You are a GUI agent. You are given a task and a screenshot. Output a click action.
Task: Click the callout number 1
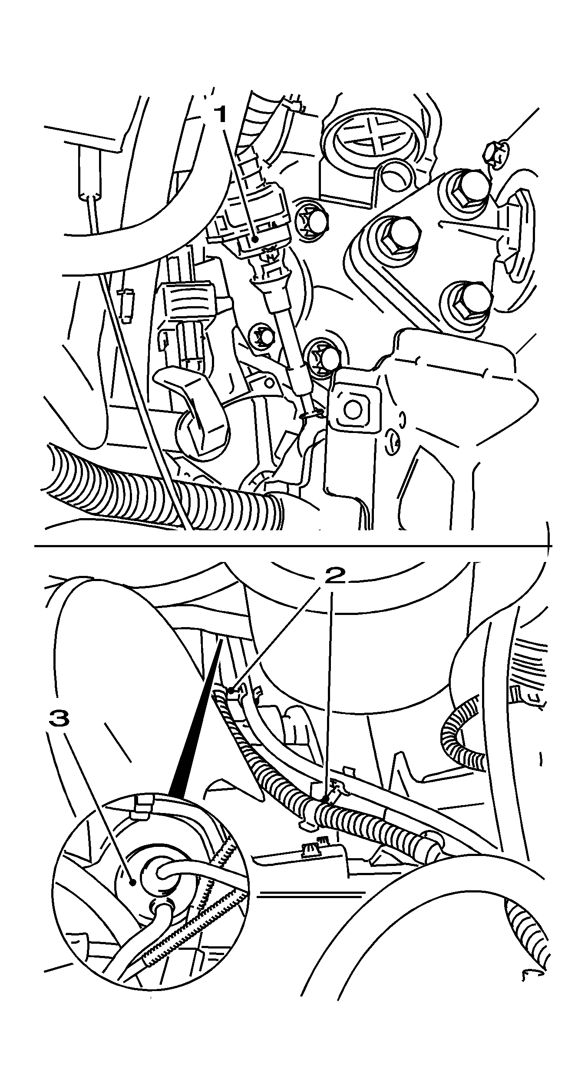(221, 115)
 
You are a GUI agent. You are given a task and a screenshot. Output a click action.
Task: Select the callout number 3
(59, 718)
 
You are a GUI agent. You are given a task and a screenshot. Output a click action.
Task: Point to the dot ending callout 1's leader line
(256, 238)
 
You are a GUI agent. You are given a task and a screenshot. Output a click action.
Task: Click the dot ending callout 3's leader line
(133, 882)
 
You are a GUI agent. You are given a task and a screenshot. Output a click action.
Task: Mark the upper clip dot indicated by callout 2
(231, 691)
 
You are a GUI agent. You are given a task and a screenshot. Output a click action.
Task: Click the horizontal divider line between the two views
(291, 545)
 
